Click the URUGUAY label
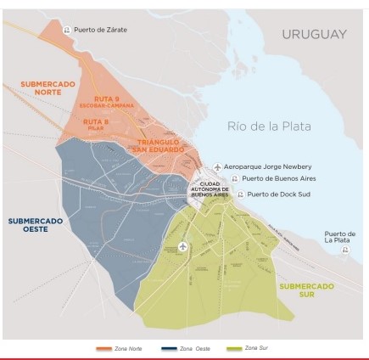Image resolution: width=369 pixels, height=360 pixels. coord(314,34)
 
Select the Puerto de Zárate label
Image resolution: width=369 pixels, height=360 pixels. coord(100,30)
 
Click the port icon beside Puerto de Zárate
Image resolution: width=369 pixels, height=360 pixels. coord(67,30)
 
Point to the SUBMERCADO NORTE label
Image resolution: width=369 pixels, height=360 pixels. coord(48,87)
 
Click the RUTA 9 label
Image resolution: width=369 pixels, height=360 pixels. coord(106,101)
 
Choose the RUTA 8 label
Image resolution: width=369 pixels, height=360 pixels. coord(95,124)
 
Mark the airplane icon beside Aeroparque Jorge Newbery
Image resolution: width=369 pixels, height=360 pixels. coord(217,166)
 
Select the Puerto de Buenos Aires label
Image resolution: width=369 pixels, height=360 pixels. coord(279,179)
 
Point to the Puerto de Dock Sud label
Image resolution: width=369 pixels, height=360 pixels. coord(280,194)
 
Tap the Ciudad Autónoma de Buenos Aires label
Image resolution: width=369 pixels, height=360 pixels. coord(210,189)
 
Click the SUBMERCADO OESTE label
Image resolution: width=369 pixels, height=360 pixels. coord(35,224)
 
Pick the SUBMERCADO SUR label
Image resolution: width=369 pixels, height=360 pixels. coord(306,290)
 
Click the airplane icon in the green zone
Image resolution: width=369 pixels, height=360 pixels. coord(183,246)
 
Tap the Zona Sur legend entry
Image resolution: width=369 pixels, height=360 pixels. coord(248,348)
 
